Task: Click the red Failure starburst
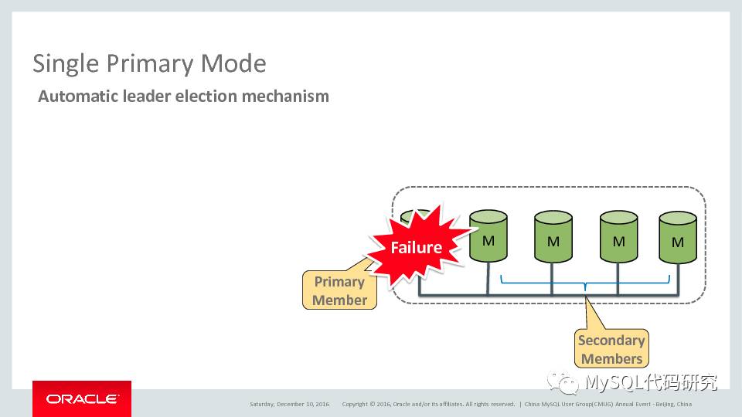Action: (416, 247)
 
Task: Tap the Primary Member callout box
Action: (339, 290)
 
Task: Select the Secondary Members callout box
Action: (611, 349)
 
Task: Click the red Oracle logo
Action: (82, 398)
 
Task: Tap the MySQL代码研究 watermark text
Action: (651, 382)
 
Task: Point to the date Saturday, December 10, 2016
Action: (289, 404)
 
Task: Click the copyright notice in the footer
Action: (427, 404)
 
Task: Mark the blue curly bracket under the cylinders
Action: (585, 283)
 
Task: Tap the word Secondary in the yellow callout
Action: (611, 341)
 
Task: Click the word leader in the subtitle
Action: (151, 97)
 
